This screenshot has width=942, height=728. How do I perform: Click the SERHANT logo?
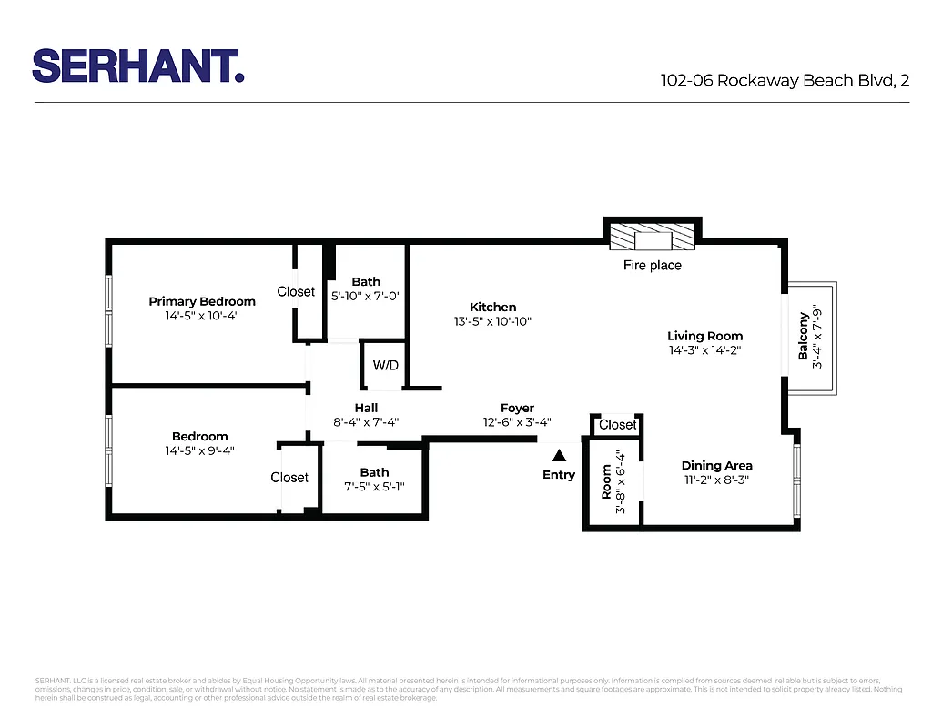coord(138,66)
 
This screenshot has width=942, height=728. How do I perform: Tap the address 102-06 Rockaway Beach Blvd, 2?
coord(785,80)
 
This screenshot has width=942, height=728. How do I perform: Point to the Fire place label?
coord(652,266)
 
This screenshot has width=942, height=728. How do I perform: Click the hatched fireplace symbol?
coord(653,239)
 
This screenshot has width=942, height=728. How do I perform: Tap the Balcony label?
coord(804,336)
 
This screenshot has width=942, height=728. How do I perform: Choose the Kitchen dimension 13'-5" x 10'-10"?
coord(492,321)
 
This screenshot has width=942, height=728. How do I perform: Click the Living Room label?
coord(704,336)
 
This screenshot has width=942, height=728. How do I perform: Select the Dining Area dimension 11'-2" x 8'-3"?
coord(717,480)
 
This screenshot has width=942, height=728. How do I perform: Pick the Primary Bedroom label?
coord(202,301)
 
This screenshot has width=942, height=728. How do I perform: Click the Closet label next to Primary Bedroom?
coord(296,292)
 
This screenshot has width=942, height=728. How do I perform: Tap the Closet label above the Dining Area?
coord(618,425)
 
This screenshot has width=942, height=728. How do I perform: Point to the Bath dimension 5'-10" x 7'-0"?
coord(366,296)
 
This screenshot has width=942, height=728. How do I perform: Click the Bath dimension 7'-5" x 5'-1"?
coord(374,487)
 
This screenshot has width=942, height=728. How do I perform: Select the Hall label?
coord(366,408)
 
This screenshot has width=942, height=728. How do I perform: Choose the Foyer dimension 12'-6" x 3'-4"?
coord(517,422)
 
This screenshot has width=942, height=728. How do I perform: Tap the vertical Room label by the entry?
coord(606,482)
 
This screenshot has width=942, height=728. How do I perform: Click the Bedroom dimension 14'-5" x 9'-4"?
coord(199,450)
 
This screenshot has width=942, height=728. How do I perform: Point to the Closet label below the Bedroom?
coord(289,478)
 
